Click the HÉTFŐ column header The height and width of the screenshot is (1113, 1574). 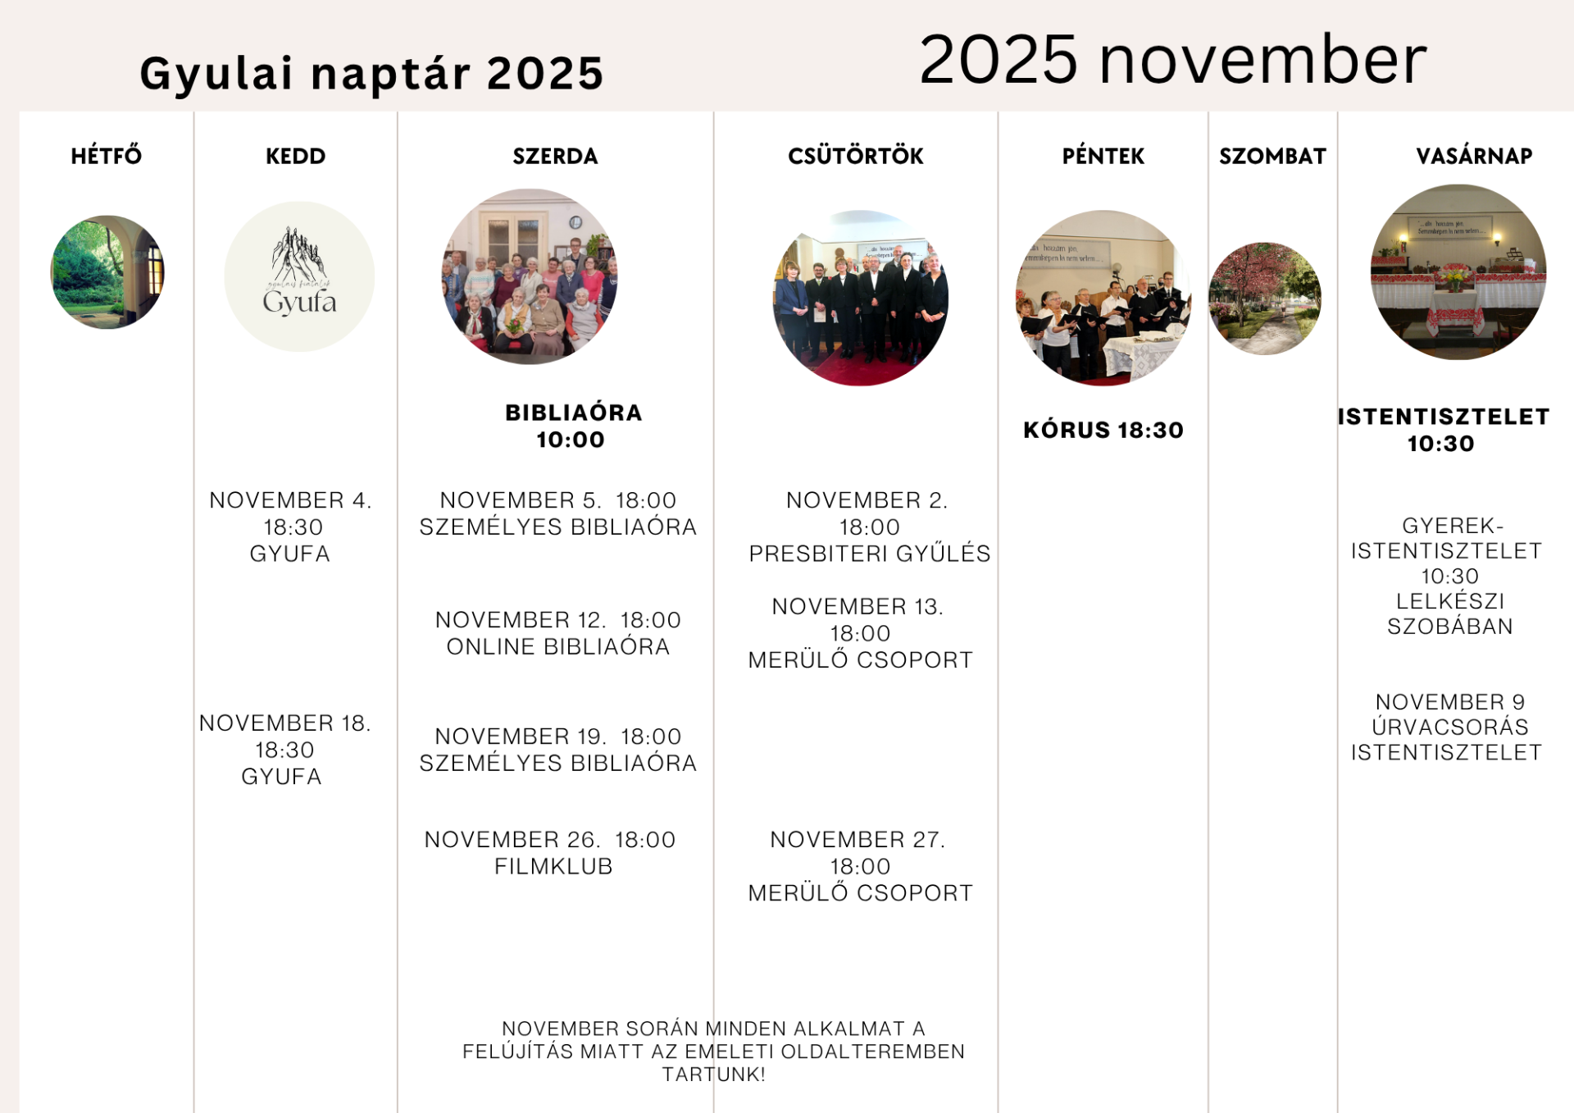[x=107, y=155]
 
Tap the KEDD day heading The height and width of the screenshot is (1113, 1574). [x=296, y=156]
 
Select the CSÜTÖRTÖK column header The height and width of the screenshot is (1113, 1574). [x=856, y=155]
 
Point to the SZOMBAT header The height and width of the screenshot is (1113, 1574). [x=1272, y=156]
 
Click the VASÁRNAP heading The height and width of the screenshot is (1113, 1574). [x=1474, y=155]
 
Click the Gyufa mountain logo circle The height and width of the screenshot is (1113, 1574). [x=300, y=276]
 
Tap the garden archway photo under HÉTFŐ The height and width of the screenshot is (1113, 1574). [x=107, y=272]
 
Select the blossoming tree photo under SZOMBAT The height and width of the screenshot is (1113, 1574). [x=1265, y=299]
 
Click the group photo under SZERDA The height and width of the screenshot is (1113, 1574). [x=530, y=277]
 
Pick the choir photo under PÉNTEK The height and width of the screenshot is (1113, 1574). [x=1103, y=298]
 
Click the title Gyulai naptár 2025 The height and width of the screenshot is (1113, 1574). [x=372, y=73]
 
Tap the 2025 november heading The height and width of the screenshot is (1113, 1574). [x=1173, y=59]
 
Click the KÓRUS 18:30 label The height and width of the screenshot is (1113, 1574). [x=1103, y=430]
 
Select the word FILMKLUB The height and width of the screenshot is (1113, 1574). [x=553, y=866]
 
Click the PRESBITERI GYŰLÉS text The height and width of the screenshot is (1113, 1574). [x=870, y=554]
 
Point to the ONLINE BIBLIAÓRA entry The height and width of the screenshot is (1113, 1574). [x=558, y=646]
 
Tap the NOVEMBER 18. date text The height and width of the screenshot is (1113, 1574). [x=285, y=723]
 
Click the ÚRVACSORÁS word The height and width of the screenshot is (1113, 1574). [x=1450, y=727]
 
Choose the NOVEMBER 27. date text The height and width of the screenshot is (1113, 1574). [x=858, y=839]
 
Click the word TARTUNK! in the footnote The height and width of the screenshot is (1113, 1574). [x=714, y=1074]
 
